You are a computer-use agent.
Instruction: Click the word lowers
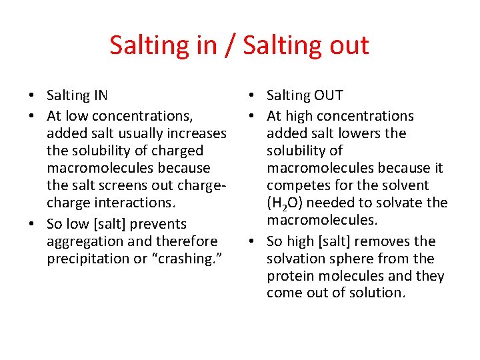pyautogui.click(x=360, y=133)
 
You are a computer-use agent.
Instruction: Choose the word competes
pyautogui.click(x=297, y=185)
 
